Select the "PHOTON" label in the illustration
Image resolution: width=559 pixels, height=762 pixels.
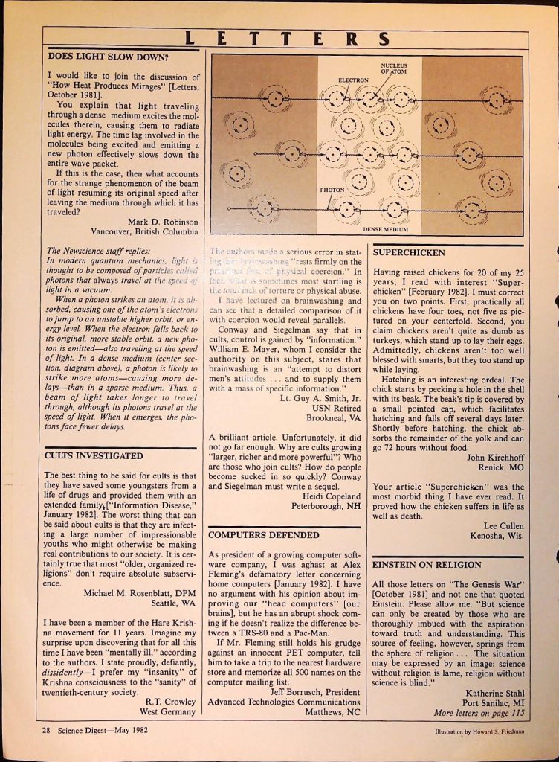point(331,190)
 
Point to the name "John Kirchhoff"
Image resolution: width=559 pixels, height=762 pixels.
point(495,458)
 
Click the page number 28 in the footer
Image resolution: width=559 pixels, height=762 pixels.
point(46,730)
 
